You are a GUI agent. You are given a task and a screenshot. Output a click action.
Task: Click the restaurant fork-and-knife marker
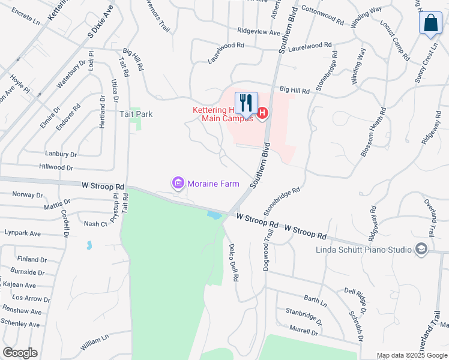pos(246,103)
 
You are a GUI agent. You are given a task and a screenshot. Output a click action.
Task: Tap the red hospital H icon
pos(262,113)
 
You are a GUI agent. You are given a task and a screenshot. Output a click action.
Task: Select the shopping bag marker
pos(430,23)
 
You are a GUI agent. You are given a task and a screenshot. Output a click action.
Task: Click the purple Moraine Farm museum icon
pos(178,183)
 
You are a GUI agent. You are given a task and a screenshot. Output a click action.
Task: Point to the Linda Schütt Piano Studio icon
pos(421,249)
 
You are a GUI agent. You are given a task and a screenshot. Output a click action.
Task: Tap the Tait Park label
pos(136,113)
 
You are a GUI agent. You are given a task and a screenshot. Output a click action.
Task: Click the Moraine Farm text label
pos(213,184)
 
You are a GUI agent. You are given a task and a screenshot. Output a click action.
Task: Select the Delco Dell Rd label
pos(234,263)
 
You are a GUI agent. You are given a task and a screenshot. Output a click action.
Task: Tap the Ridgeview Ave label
pos(259,32)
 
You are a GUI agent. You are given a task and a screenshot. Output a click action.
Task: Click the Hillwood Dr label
pos(56,168)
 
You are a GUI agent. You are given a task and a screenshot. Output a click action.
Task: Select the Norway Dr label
pos(28,195)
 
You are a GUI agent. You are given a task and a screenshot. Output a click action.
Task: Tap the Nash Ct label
pos(95,224)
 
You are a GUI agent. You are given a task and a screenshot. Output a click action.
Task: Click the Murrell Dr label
pos(303,330)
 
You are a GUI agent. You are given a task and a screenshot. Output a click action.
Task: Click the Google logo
pos(20,353)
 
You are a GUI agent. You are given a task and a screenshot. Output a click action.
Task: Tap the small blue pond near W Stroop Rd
pos(214,214)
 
